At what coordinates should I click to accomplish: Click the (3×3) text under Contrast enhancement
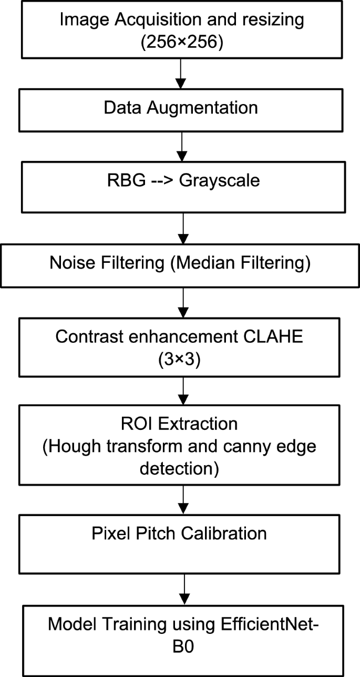click(180, 358)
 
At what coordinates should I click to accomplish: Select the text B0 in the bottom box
click(180, 646)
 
